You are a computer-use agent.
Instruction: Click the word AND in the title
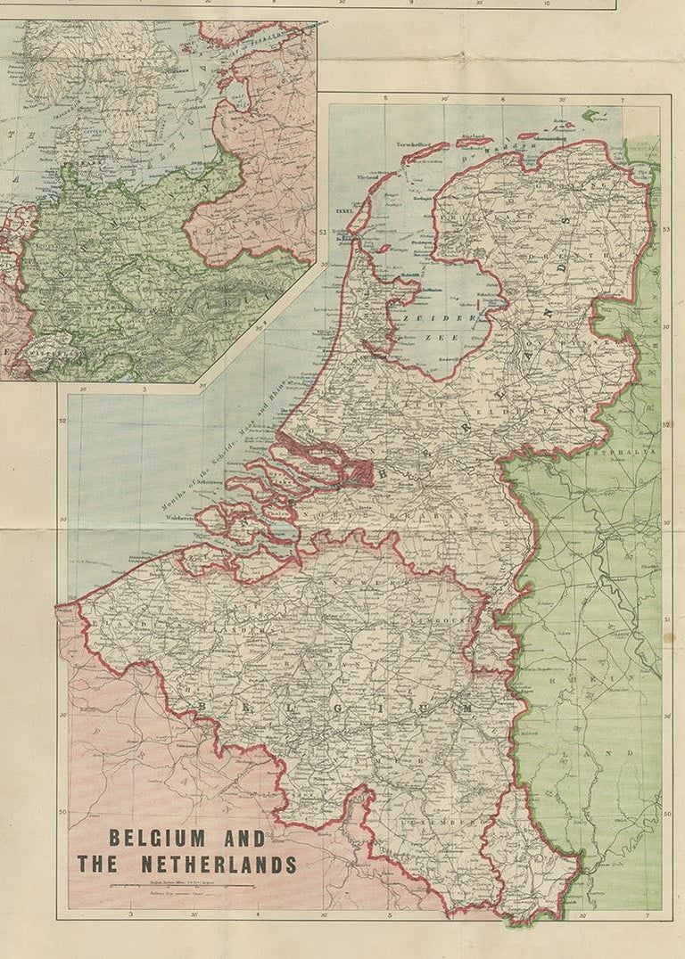[x=247, y=839]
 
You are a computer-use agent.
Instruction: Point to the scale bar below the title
[x=182, y=885]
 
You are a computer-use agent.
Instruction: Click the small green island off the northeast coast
[x=590, y=115]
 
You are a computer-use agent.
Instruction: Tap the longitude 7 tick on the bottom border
[x=647, y=915]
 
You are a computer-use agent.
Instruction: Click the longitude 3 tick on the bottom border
[x=131, y=915]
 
